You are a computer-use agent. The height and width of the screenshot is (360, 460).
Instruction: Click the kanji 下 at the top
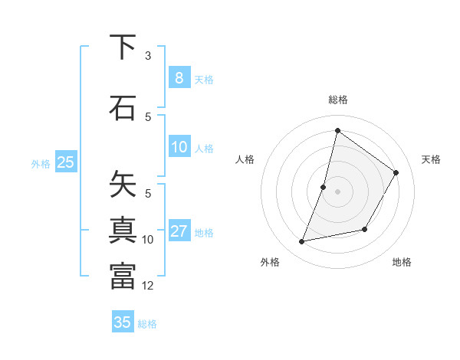coord(123,47)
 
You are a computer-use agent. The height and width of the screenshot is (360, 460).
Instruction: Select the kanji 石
coord(123,107)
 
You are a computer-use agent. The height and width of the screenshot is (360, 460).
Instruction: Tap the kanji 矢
coord(123,184)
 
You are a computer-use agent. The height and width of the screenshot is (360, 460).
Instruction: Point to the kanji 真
coord(123,230)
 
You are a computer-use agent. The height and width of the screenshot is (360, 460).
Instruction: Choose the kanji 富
coord(123,276)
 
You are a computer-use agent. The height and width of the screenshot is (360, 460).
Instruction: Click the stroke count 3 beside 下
coord(148,56)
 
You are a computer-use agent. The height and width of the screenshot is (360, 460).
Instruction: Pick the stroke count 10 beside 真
coord(148,240)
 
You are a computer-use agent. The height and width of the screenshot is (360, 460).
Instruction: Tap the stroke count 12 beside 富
coord(148,286)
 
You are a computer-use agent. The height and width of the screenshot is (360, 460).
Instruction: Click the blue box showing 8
coord(179,78)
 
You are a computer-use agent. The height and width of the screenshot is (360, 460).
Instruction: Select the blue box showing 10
coord(179,147)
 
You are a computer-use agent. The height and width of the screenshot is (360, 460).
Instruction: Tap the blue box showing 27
coord(179,231)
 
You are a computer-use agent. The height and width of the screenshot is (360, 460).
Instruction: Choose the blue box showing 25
coord(65,162)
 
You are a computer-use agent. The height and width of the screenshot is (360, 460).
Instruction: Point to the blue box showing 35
coord(123,322)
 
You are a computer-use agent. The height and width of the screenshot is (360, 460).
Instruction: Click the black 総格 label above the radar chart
coord(337,100)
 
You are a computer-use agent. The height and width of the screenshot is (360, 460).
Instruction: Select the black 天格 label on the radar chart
coord(431,159)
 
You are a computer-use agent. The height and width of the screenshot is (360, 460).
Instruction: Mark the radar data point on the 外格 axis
coord(302,242)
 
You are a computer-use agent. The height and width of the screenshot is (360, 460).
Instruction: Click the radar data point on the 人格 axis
coord(324,187)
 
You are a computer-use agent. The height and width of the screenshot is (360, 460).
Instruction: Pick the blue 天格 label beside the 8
coord(204,79)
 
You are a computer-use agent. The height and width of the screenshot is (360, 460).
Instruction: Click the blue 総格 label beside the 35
coord(147,323)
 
